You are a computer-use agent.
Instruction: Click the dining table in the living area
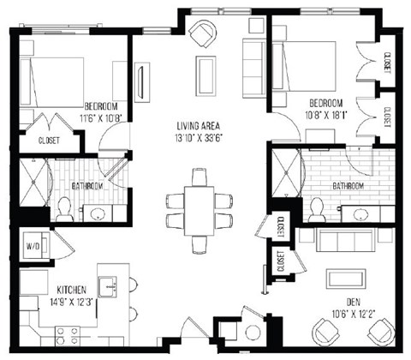tap(199, 210)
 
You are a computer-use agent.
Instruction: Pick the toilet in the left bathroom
tap(64, 207)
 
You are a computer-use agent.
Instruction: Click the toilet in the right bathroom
tap(316, 208)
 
